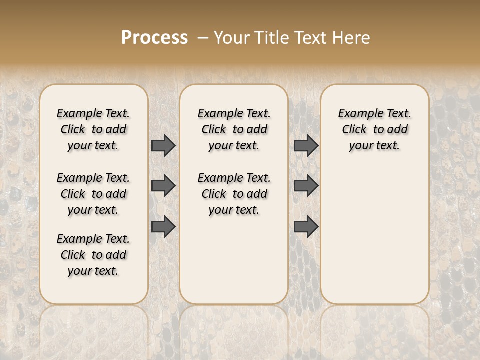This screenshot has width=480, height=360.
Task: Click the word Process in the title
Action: coord(154,38)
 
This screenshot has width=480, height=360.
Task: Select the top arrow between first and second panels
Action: coord(163,145)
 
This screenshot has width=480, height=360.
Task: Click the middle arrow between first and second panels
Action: coord(163,186)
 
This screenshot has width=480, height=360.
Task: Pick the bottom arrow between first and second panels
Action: coord(163,227)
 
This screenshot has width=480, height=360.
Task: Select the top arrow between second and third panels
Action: coord(306,145)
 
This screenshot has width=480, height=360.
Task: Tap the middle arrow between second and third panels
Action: coord(306,186)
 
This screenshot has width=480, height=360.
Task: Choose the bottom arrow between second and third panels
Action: coord(306,227)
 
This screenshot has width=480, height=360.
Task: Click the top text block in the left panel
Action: coord(93,129)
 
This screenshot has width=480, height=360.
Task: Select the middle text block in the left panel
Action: coord(93,194)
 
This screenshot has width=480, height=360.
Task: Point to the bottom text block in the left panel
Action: coord(93,255)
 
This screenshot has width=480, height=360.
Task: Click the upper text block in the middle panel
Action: coord(234,129)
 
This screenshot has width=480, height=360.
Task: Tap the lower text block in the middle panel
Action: coord(234,194)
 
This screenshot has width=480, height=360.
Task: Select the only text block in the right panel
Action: coord(374,129)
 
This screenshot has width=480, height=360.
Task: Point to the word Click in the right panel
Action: coord(354,129)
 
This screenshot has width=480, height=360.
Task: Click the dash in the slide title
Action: coord(203,38)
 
